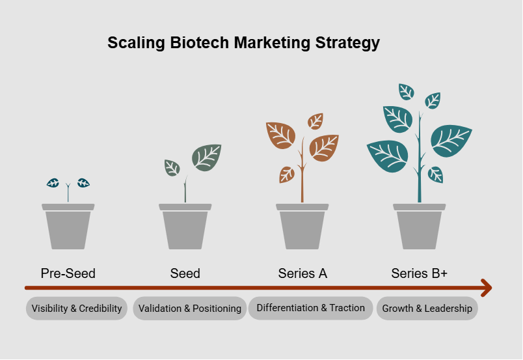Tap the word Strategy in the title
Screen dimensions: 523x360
347,44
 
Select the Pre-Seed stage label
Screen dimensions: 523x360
68,273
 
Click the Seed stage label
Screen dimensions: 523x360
185,273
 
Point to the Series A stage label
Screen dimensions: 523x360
302,273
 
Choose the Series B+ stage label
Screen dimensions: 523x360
420,273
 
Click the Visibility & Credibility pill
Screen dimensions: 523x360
77,309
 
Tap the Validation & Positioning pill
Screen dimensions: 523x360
190,309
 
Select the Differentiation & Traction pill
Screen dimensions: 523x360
311,308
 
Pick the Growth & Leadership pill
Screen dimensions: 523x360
427,309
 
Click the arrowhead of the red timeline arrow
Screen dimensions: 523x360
485,287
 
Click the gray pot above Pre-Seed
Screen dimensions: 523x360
68,228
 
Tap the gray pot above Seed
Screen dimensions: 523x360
185,228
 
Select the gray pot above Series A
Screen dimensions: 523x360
302,228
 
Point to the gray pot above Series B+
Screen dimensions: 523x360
420,228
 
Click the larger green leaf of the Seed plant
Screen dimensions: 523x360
206,158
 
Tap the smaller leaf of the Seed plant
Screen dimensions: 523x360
172,168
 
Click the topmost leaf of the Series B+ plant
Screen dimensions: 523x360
407,91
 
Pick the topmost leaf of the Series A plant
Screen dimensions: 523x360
315,121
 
